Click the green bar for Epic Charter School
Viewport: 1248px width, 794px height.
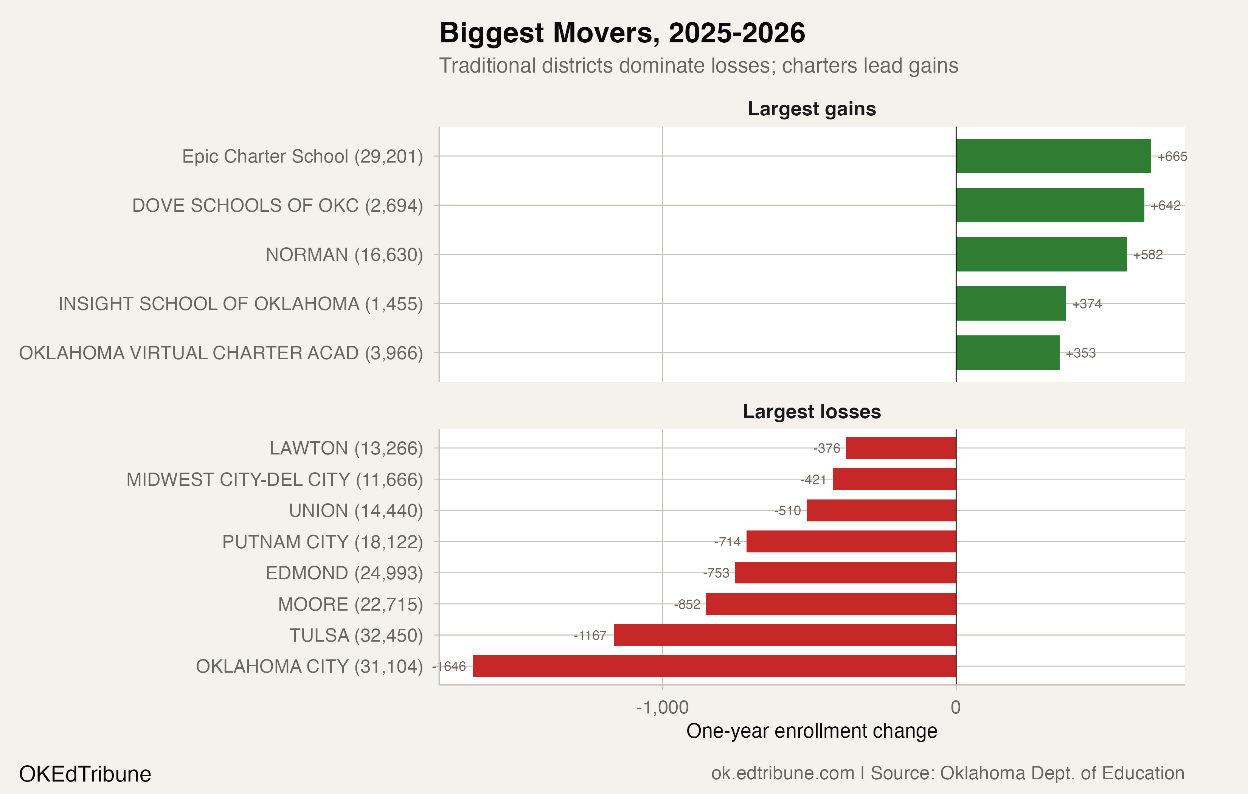(1053, 156)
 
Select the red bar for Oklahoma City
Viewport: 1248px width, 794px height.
(714, 666)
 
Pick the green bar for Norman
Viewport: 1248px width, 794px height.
(1041, 254)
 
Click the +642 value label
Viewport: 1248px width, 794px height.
(1165, 206)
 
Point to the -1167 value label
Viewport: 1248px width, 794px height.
(590, 636)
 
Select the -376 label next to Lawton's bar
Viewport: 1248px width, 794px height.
(827, 448)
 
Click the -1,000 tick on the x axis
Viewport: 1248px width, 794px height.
(662, 707)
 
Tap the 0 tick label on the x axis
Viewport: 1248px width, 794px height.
(956, 707)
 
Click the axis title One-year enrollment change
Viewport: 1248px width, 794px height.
(812, 731)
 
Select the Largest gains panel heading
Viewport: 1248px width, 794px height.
(812, 109)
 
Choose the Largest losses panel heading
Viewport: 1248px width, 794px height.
(812, 411)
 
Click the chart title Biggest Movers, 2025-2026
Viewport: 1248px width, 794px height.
(622, 33)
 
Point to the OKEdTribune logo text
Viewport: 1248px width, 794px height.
(85, 774)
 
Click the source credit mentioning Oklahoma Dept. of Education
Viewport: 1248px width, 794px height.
(947, 773)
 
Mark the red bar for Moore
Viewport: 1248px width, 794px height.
(831, 604)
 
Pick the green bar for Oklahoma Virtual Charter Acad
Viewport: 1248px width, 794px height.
(1007, 353)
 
